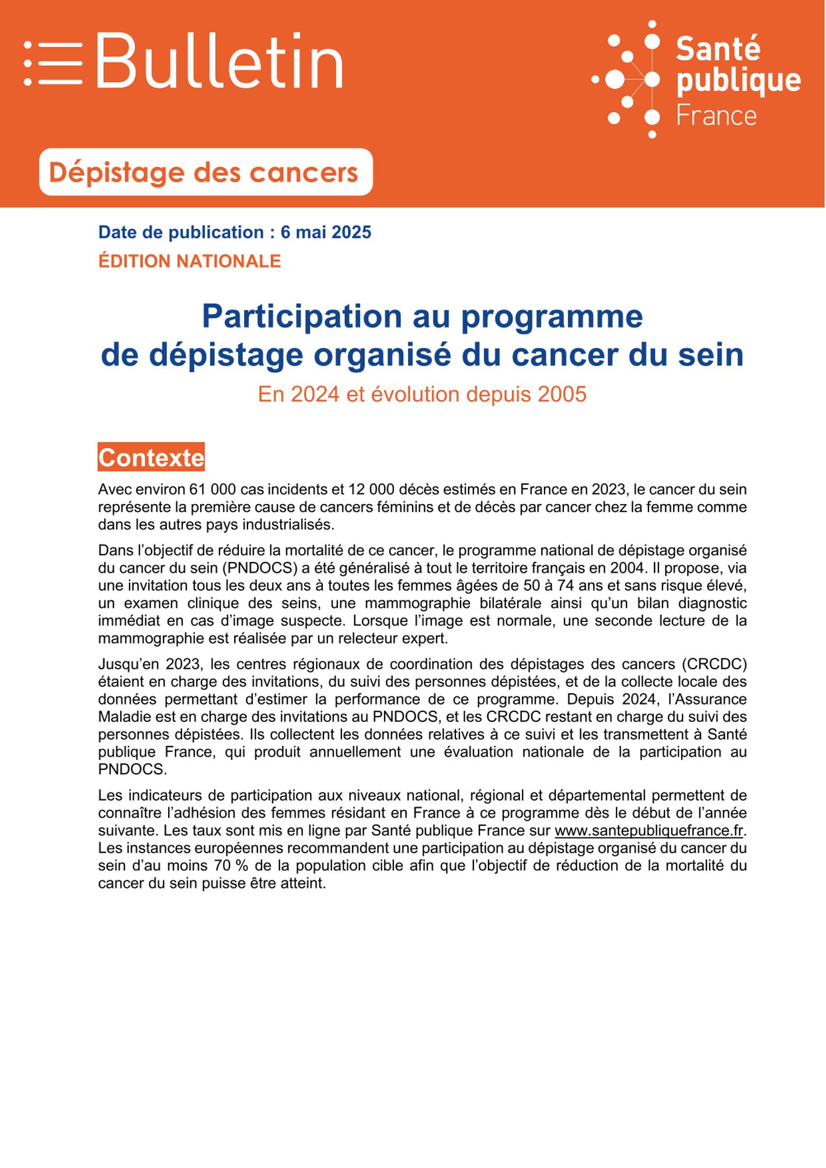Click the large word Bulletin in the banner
click(x=219, y=61)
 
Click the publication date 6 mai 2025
click(x=326, y=232)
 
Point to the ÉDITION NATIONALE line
click(x=189, y=261)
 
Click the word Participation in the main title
click(x=301, y=317)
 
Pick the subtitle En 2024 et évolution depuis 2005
click(x=421, y=394)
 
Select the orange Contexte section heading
click(x=151, y=457)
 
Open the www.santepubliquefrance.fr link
click(x=649, y=830)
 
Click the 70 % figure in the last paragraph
click(x=232, y=865)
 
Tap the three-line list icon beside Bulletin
click(x=53, y=63)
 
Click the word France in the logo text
click(x=716, y=116)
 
